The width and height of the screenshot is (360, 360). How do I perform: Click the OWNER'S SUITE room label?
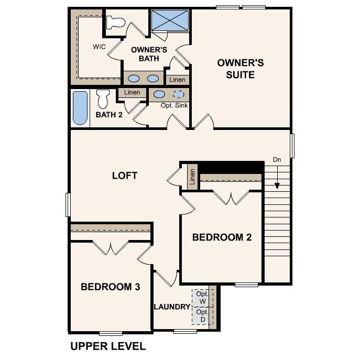(x=241, y=69)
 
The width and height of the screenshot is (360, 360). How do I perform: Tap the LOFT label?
(x=125, y=175)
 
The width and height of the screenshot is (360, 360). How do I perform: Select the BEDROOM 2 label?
(x=222, y=237)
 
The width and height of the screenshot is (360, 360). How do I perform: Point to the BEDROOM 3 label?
(x=110, y=287)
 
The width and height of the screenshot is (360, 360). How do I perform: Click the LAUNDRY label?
(x=171, y=307)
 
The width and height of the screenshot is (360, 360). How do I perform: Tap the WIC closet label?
(x=100, y=47)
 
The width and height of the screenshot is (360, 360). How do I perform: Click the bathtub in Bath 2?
(x=80, y=108)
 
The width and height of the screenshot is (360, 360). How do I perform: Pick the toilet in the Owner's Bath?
(x=115, y=23)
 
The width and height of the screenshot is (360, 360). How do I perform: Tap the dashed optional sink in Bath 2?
(x=179, y=94)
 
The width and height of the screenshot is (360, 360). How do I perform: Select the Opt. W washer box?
(x=202, y=298)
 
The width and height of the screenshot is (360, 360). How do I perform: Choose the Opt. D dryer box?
(x=202, y=315)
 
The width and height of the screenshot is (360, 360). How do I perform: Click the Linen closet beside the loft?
(x=192, y=177)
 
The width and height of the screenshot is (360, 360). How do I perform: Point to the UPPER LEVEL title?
(x=108, y=346)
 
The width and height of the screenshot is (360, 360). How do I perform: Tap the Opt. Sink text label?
(x=174, y=105)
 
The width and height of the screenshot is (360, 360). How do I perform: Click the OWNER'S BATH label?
(x=149, y=54)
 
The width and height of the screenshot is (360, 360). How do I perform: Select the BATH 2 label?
(x=109, y=114)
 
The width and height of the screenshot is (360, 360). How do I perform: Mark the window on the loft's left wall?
(x=68, y=204)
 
